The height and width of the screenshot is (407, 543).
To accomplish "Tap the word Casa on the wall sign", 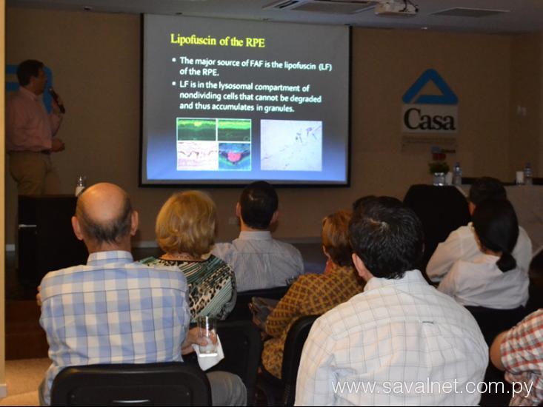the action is pos(429,119).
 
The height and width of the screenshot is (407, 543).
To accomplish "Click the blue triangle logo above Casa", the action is pos(430,87).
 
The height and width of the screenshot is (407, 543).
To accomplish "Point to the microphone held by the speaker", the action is pos(57,101).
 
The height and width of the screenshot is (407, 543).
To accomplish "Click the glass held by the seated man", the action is pos(207,335).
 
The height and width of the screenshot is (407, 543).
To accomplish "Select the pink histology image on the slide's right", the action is pos(291,145).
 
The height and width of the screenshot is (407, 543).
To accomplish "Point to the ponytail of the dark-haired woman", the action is pos(506,262).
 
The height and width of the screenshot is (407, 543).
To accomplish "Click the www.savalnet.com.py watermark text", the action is pos(432,387).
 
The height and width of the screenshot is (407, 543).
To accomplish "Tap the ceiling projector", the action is pos(396,7).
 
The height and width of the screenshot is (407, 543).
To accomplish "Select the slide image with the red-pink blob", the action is pos(234,156).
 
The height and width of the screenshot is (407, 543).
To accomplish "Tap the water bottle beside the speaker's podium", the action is pos(80,186).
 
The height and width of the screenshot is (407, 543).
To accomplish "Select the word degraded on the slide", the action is pos(305,99).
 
